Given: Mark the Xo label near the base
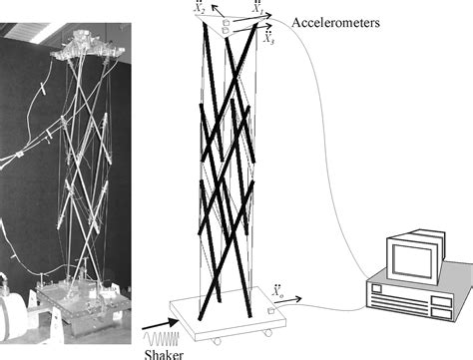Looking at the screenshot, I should click(x=277, y=291).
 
